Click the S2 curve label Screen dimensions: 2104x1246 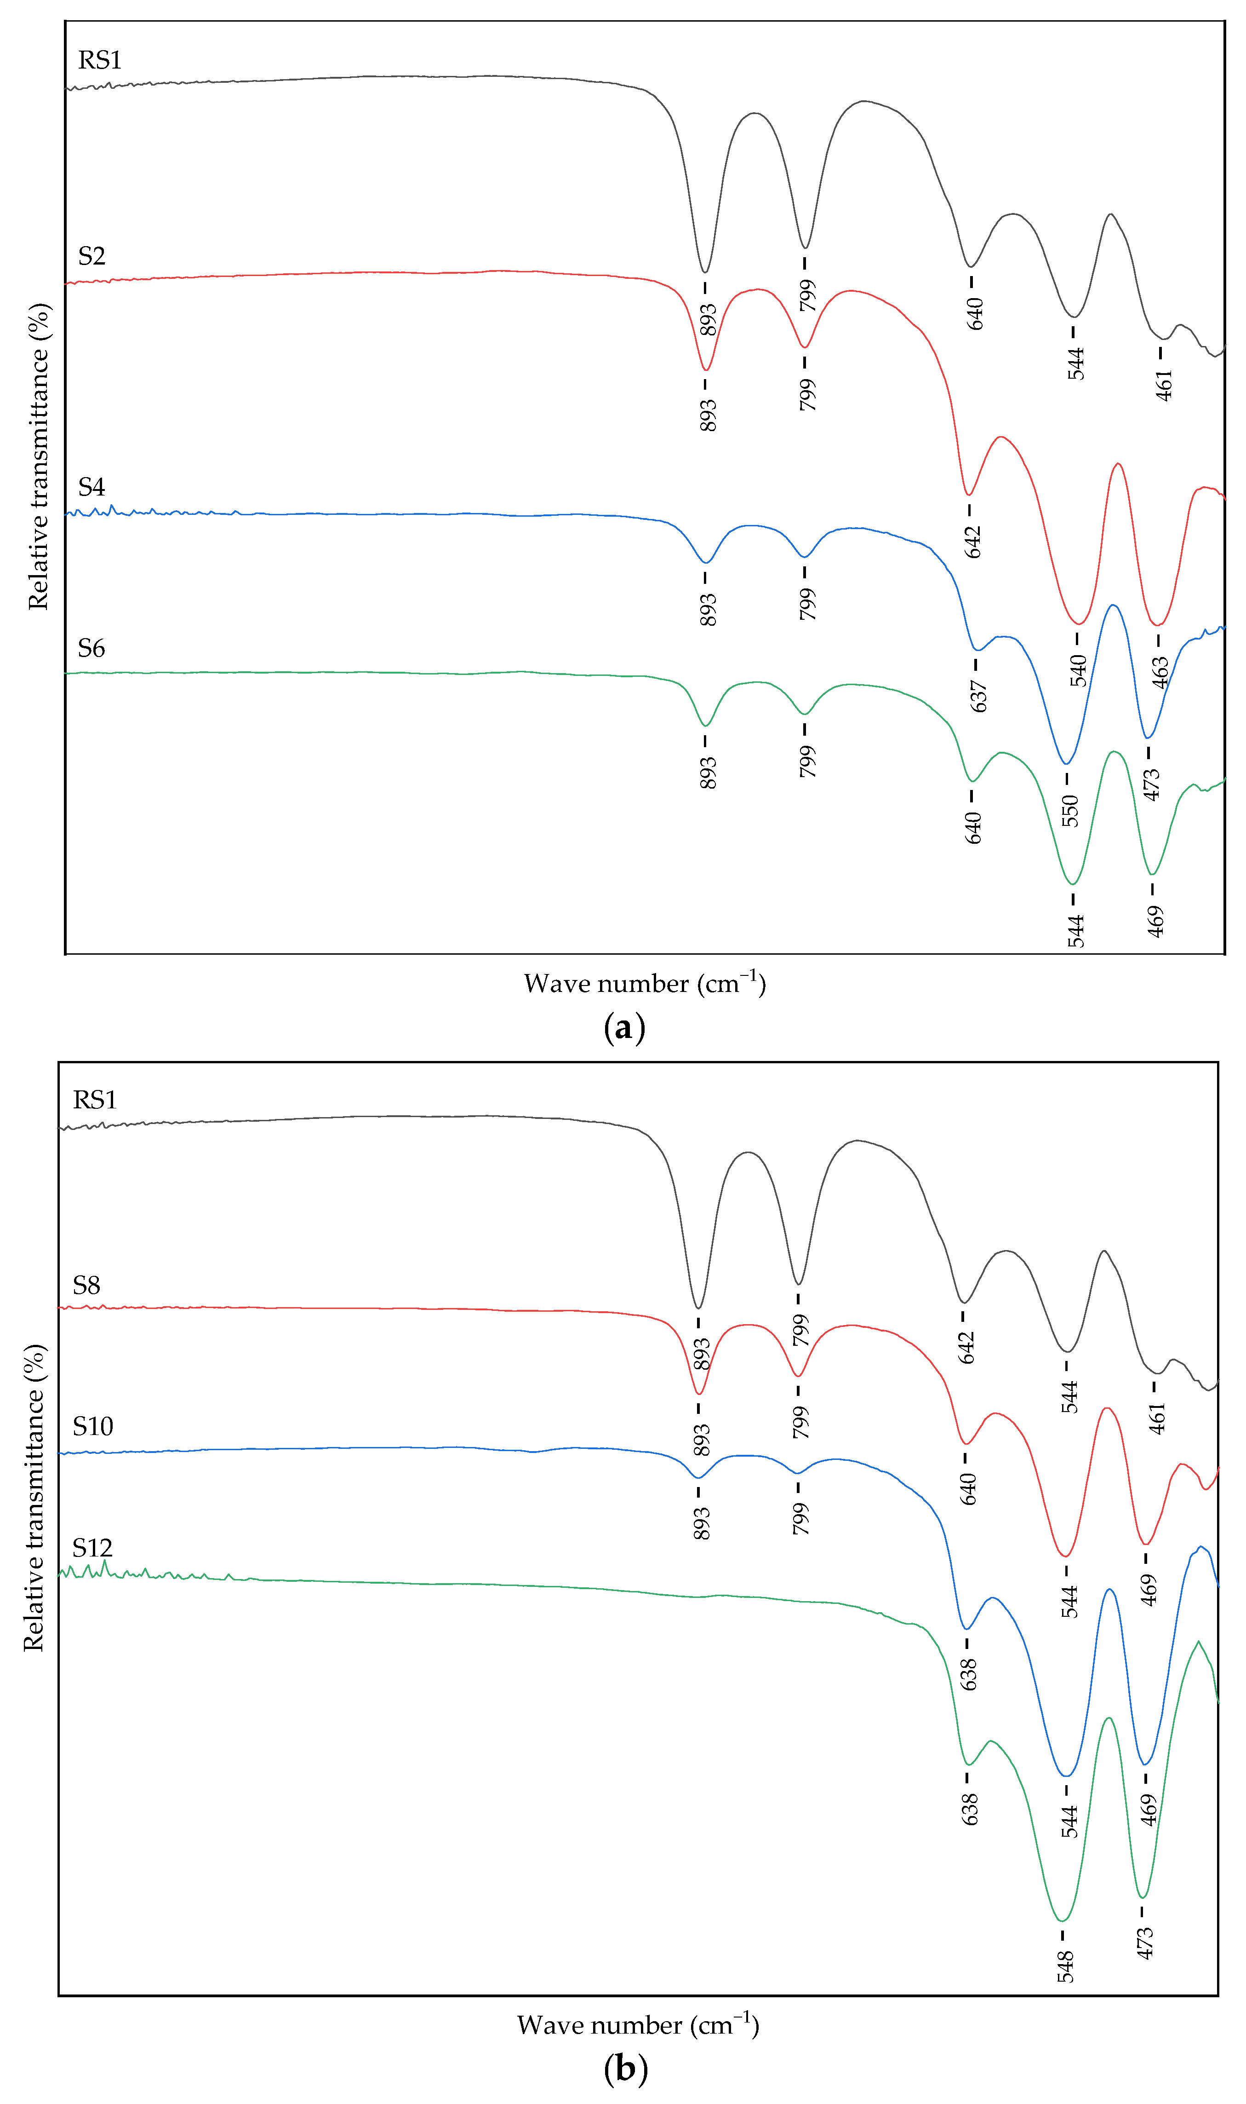(x=91, y=256)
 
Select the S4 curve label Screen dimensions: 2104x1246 (x=91, y=487)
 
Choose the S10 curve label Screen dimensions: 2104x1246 (x=92, y=1426)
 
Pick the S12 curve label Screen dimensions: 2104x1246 (x=92, y=1548)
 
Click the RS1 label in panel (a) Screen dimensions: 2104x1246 (x=100, y=60)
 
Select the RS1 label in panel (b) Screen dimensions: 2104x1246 (x=95, y=1100)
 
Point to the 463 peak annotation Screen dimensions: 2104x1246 (x=1160, y=672)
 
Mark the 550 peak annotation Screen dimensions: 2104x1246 (x=1070, y=811)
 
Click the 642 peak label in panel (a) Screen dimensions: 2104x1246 (x=972, y=542)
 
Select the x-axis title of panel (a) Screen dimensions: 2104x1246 (x=645, y=984)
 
